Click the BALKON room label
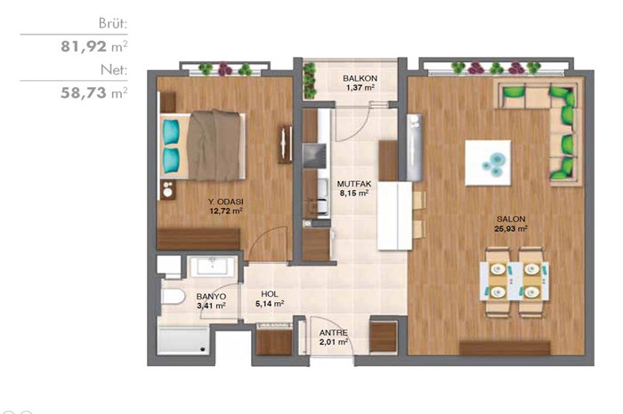[x=360, y=78]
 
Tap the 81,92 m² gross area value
[x=93, y=46]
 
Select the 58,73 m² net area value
[x=93, y=92]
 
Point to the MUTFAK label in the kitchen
[x=354, y=184]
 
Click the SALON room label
[x=511, y=219]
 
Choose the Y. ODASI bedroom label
[x=226, y=202]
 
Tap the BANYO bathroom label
[x=211, y=297]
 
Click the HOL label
[x=270, y=294]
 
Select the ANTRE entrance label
[x=334, y=332]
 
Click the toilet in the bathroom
[x=174, y=296]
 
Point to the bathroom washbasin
[x=213, y=267]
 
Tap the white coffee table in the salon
[x=488, y=163]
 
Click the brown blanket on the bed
[x=214, y=145]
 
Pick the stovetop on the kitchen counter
[x=314, y=155]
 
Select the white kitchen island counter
[x=394, y=215]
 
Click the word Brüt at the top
[x=113, y=24]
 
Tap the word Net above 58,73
[x=114, y=70]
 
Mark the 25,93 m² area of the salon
[x=511, y=229]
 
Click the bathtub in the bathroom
[x=182, y=341]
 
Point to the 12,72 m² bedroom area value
[x=226, y=211]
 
